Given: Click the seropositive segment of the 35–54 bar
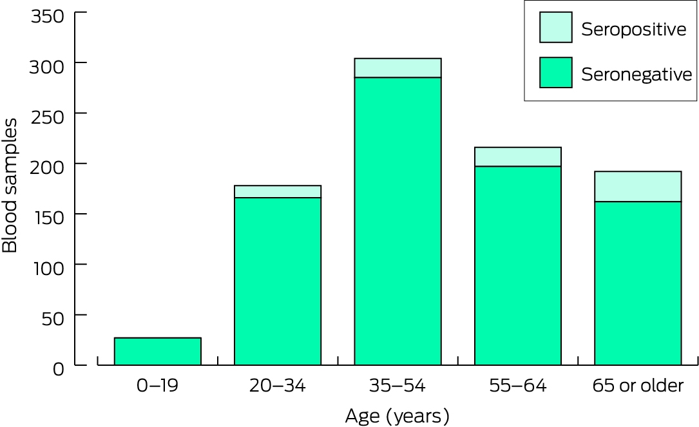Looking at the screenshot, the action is click(397, 68).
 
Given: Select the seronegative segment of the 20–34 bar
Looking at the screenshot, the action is click(278, 281).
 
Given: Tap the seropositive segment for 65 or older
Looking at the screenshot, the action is click(638, 186).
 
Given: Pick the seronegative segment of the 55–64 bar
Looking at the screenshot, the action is click(517, 265).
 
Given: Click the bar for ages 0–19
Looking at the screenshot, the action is click(158, 352).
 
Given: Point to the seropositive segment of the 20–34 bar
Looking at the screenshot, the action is click(278, 192).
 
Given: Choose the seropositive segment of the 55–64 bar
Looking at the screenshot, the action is click(517, 157).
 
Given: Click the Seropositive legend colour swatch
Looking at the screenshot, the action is click(555, 27).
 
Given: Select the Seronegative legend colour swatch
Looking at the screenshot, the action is click(555, 72).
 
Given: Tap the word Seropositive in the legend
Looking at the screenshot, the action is click(633, 30).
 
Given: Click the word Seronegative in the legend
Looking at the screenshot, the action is click(637, 75).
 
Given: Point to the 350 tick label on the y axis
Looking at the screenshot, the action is click(47, 17).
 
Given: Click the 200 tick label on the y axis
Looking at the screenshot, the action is click(47, 167).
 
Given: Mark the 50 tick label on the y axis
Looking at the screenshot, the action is click(53, 319).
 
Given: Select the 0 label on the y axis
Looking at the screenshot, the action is click(59, 369).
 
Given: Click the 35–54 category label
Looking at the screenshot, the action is click(397, 386).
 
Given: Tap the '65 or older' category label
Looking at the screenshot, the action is click(638, 386).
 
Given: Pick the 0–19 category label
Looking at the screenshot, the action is click(157, 386).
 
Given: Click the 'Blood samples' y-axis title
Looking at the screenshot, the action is click(10, 186).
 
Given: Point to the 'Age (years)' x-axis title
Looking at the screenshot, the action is click(397, 416).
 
